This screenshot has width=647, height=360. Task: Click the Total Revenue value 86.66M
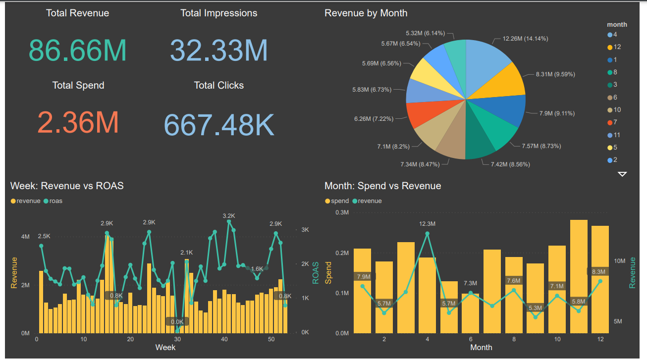[78, 50]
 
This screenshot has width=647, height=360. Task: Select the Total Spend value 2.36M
[78, 122]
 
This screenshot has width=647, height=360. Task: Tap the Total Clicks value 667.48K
[218, 125]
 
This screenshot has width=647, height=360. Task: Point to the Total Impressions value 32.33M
[218, 50]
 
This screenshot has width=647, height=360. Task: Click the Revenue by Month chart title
[366, 13]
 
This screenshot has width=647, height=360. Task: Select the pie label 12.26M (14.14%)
[525, 39]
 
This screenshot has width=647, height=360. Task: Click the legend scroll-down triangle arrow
[622, 174]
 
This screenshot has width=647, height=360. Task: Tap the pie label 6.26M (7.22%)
[373, 119]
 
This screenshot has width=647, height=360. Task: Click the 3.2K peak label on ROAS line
[228, 216]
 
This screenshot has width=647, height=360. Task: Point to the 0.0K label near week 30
[177, 321]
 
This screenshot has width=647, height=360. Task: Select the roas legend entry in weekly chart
[53, 201]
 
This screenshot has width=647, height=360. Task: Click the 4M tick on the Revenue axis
[25, 237]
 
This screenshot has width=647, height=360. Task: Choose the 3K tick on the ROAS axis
[305, 230]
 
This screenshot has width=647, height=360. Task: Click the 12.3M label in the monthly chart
[427, 224]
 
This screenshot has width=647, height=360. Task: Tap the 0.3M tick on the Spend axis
[342, 212]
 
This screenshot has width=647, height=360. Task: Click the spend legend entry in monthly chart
[337, 201]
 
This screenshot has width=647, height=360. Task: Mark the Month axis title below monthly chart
[481, 348]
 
